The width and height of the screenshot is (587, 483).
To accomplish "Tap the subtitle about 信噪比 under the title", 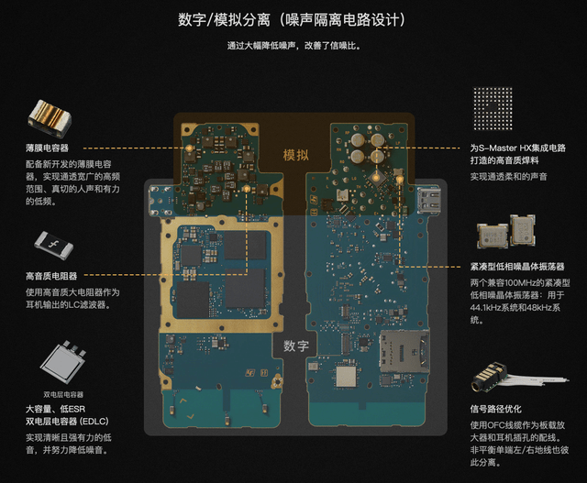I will pos(293,44).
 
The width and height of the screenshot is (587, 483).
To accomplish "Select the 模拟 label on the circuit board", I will pos(295,155).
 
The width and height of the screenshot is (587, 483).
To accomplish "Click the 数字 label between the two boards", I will pos(295,346).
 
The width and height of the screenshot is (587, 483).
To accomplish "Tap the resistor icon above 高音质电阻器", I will pos(53,245).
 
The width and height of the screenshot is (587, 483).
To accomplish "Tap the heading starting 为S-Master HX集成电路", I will pos(517,148).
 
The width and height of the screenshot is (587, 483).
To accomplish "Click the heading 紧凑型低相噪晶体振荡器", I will pos(519,266).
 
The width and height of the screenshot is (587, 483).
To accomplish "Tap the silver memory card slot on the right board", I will pos(403,351).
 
